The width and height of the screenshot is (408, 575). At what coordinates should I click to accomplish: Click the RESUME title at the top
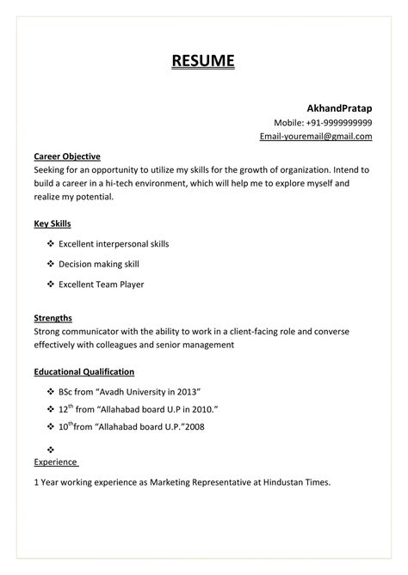[203, 61]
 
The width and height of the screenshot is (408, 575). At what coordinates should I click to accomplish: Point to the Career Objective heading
[67, 156]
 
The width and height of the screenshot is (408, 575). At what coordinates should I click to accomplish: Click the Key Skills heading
[52, 223]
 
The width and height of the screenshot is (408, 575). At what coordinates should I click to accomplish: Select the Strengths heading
[53, 317]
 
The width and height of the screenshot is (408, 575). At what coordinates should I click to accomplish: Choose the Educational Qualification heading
[83, 371]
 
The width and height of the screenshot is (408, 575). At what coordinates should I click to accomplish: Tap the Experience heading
[55, 462]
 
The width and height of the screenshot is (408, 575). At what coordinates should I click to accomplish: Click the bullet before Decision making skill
[50, 264]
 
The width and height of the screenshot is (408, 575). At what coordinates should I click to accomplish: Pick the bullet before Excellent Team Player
[50, 284]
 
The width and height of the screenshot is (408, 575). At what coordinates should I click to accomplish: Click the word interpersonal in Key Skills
[123, 244]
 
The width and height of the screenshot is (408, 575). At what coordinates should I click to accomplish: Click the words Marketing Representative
[200, 483]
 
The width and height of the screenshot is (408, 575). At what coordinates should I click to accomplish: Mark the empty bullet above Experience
[50, 449]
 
